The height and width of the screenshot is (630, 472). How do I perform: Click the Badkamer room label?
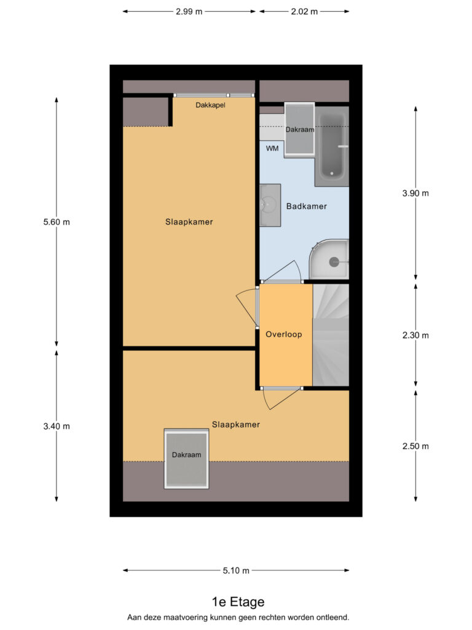(306, 206)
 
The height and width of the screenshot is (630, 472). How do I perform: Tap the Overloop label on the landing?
(284, 334)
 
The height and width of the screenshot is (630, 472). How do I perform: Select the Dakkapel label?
(210, 105)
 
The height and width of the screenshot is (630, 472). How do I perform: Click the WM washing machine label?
(272, 149)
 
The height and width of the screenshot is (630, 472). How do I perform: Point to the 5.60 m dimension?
(57, 221)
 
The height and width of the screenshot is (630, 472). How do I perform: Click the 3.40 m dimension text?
(57, 426)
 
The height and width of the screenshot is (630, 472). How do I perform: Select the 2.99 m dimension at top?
(189, 12)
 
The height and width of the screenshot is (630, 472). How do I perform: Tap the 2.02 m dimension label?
(304, 12)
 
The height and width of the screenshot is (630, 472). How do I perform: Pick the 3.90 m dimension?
(415, 193)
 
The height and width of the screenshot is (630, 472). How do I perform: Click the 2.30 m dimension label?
(415, 335)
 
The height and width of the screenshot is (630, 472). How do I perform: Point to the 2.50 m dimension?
(415, 447)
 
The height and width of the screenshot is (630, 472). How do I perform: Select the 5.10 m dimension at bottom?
(236, 570)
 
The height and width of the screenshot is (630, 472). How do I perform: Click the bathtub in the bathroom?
(332, 146)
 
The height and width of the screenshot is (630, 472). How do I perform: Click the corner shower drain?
(334, 262)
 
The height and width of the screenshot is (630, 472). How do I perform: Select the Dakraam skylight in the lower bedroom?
(187, 459)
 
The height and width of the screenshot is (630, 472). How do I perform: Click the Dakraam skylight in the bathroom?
(299, 129)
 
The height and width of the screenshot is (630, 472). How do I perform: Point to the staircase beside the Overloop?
(331, 335)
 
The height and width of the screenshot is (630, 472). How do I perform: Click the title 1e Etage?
(238, 602)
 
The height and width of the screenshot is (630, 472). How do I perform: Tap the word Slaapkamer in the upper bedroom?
(189, 221)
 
